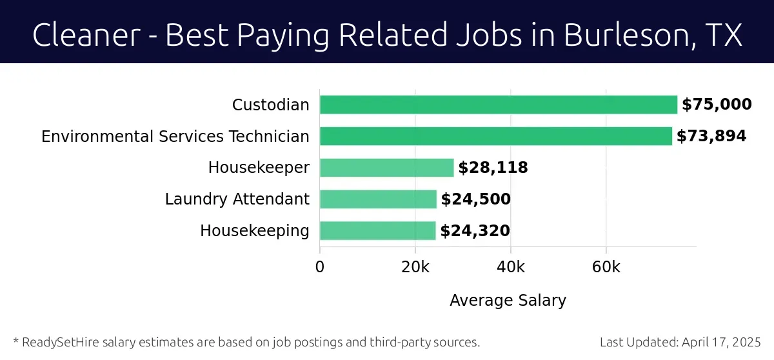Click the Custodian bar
[498, 105]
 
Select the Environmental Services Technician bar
[495, 136]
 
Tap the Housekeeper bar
[386, 168]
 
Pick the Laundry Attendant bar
[378, 199]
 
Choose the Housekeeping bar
[377, 230]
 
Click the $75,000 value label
[717, 105]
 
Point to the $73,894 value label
[711, 136]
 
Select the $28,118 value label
[493, 168]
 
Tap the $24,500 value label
[475, 199]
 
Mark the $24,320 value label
[475, 230]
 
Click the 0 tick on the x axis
[320, 266]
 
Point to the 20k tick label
[415, 266]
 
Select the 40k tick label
[510, 266]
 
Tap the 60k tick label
[606, 266]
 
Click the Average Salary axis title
[508, 300]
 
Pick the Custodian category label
[270, 105]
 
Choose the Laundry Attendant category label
[237, 199]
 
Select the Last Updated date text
[680, 342]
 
